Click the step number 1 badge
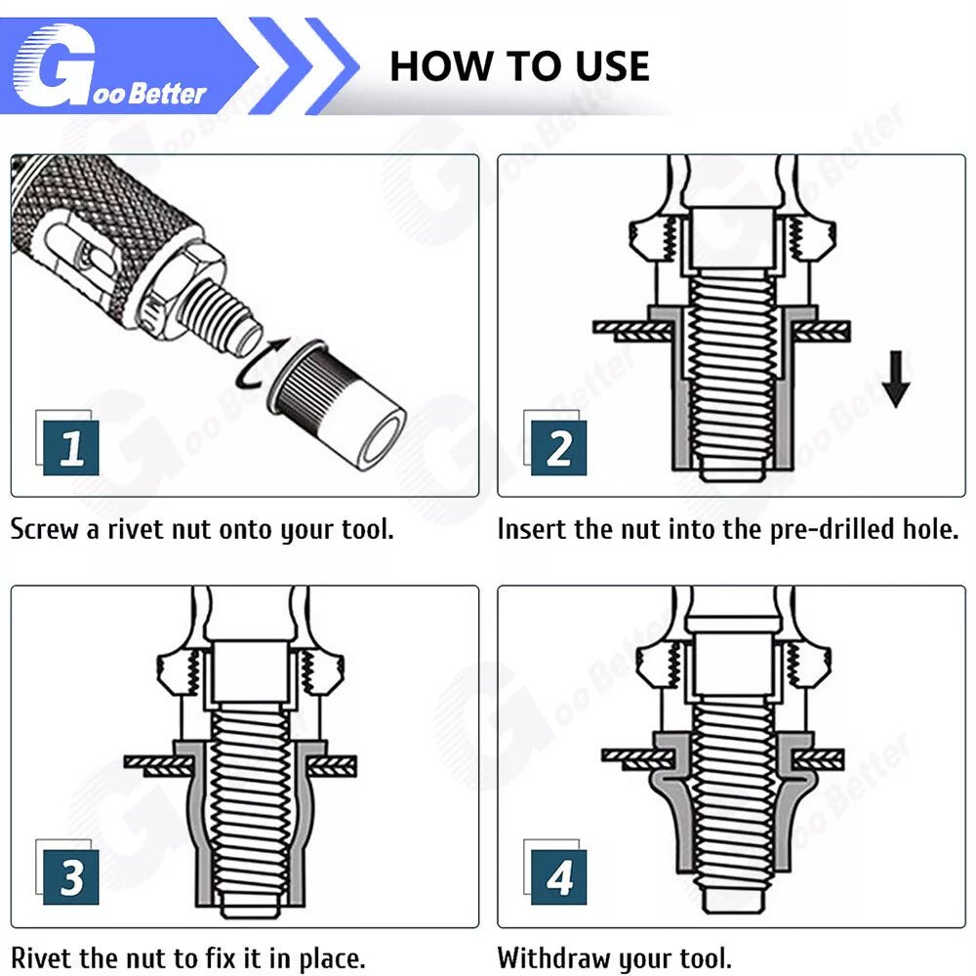(x=70, y=448)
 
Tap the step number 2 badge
(x=558, y=448)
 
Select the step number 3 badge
(x=70, y=877)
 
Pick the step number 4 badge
(x=558, y=877)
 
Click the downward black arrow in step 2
(x=896, y=379)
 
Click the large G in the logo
(x=55, y=65)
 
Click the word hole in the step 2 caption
(x=930, y=530)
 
